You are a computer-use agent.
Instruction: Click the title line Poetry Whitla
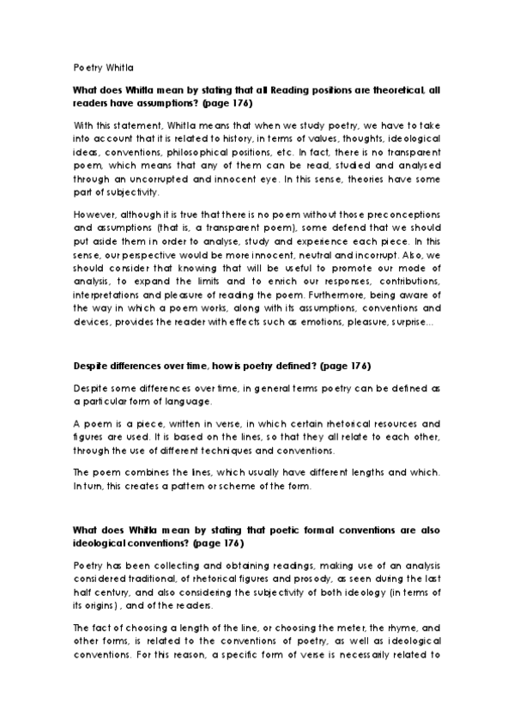point(103,66)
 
